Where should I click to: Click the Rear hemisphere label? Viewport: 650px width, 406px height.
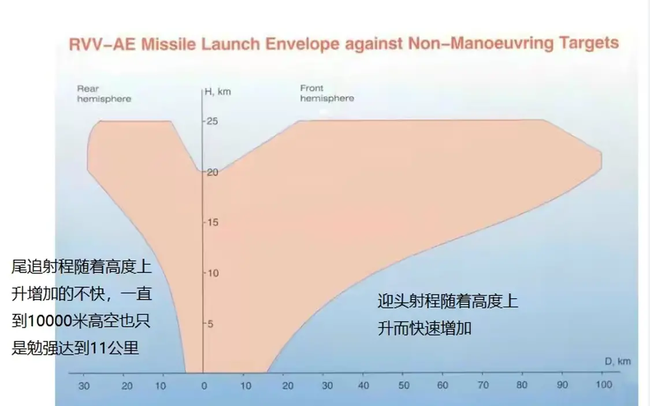point(104,94)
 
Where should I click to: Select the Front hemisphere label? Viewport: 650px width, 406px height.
point(326,93)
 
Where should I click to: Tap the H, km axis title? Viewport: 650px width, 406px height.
point(218,92)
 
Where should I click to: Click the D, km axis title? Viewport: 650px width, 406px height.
point(618,361)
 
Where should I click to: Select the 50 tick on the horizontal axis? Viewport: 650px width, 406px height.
point(403,385)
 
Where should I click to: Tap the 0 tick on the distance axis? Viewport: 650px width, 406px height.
point(203,385)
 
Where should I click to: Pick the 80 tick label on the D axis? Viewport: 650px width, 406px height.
point(522,385)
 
